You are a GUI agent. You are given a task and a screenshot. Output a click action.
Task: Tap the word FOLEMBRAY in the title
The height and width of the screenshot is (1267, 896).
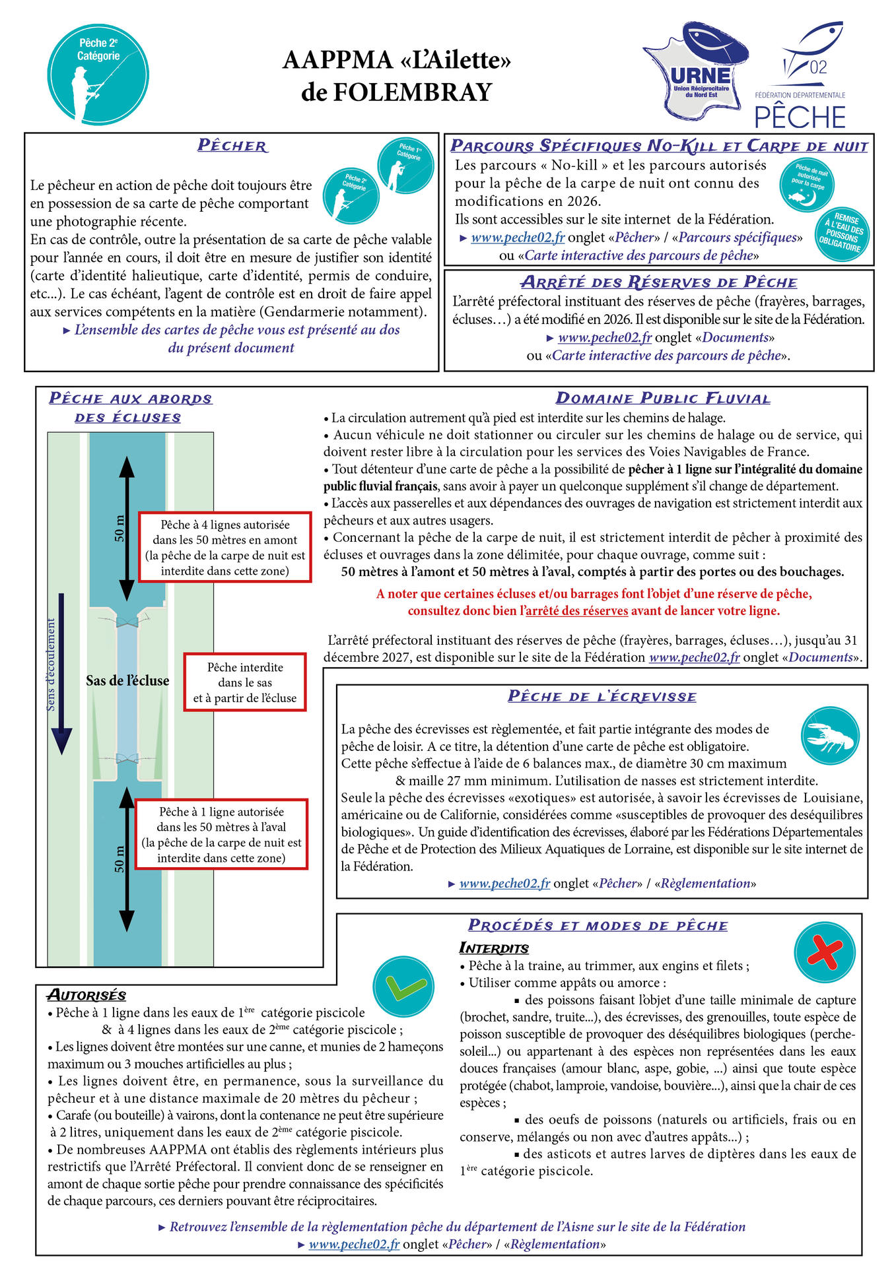point(397,92)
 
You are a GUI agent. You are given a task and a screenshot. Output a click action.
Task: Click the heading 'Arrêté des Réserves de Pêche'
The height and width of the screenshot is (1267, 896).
point(658,282)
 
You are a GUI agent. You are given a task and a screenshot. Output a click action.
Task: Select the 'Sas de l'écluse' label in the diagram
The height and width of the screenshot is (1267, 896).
point(127,681)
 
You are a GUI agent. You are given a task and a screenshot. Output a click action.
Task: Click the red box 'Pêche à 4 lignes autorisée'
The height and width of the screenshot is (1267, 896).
point(224,547)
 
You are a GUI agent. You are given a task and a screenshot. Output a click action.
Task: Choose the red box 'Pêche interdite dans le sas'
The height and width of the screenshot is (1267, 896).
point(245,682)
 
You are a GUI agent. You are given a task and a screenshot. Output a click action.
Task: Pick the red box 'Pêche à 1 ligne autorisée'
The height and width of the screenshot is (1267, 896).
point(221,834)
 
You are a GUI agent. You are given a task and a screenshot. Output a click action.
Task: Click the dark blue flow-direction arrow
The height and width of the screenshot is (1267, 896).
point(61,673)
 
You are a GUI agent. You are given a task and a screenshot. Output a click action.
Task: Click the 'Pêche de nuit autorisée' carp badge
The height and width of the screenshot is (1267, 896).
point(807,185)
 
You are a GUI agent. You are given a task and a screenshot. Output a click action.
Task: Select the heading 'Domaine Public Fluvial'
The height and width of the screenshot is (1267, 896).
point(663,399)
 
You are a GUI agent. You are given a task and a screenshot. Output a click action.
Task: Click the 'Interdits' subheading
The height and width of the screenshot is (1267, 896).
point(494,948)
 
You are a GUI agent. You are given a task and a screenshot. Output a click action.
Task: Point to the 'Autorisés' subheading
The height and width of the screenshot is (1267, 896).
point(86,995)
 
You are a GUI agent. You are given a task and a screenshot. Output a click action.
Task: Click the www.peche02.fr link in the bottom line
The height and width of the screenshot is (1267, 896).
point(354,1244)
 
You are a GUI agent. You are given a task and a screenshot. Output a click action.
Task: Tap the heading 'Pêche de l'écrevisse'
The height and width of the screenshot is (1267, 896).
point(602,696)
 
